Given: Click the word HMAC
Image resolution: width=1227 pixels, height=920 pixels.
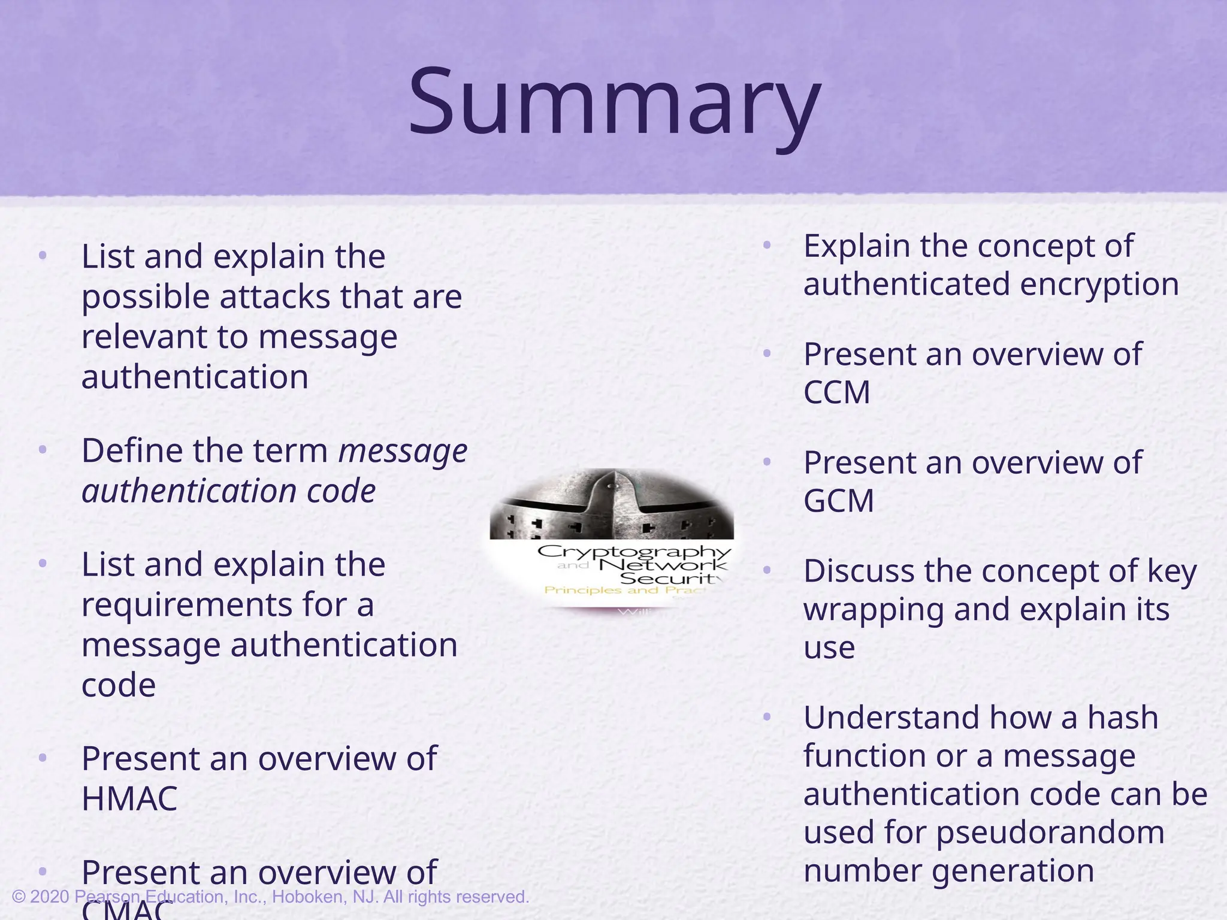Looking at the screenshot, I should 129,799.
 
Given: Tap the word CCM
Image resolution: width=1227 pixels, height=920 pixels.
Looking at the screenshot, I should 836,393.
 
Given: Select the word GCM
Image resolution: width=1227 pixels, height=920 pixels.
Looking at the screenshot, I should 838,501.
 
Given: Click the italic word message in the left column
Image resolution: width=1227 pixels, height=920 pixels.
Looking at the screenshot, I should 403,452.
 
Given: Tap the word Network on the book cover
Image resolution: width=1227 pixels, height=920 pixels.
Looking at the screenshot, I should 663,565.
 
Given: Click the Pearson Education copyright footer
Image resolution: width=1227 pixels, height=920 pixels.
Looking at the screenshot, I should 270,897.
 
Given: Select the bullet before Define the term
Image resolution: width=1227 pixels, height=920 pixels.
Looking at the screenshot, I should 42,450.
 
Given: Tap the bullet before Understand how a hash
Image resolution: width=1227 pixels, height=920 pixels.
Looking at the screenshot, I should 767,716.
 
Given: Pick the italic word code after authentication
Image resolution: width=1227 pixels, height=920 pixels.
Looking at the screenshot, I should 341,492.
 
